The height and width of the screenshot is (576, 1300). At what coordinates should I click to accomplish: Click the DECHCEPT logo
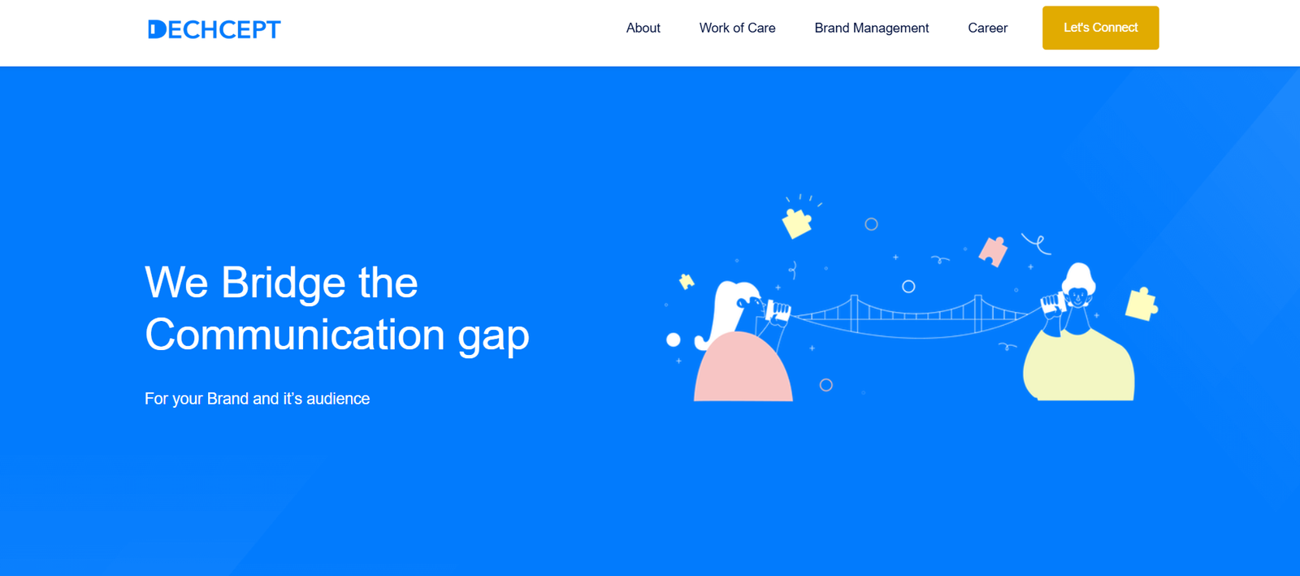[214, 29]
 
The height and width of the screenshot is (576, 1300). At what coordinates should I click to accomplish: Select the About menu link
[643, 28]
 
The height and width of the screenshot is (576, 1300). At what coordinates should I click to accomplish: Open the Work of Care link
[737, 28]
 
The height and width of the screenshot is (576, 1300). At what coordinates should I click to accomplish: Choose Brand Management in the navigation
[871, 28]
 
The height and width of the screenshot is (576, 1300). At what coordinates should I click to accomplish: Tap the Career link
[987, 28]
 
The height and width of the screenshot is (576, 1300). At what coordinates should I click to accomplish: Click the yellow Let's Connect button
[1100, 28]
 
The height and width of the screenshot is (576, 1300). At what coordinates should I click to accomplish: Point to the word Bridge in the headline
[284, 284]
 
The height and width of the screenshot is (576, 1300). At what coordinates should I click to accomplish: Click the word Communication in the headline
[295, 335]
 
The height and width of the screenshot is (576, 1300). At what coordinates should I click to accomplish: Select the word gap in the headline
[493, 339]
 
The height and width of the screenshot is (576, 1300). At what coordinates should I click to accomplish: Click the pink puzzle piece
[993, 251]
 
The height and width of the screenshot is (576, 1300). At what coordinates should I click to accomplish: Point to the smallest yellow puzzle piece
[687, 282]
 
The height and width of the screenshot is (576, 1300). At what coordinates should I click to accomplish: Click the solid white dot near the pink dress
[674, 340]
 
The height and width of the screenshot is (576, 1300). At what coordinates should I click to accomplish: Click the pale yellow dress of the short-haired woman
[1079, 366]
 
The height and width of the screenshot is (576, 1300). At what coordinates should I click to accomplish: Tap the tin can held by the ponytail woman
[778, 311]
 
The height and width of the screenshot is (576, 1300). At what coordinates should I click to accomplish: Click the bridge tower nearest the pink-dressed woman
[854, 314]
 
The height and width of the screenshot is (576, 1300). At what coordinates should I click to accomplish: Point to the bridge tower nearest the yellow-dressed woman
[978, 314]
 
